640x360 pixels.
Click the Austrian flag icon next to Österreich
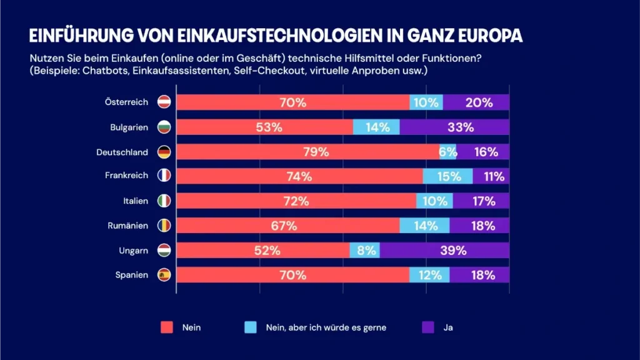164,102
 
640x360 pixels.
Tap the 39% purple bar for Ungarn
444,251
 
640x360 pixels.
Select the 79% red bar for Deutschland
307,152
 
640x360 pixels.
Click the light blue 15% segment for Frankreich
448,176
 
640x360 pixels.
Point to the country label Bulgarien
129,127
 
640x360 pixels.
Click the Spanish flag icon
164,275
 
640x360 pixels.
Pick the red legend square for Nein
166,327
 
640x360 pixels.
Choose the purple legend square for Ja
428,327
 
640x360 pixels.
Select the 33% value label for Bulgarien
460,127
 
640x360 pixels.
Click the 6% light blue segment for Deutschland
448,152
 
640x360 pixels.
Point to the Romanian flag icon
164,226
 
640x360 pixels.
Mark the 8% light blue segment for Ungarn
365,251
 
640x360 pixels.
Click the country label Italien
136,201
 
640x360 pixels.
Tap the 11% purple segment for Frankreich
492,176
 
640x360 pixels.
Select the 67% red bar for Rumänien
288,226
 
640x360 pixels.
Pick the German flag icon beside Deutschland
164,152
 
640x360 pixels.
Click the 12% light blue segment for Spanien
429,275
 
